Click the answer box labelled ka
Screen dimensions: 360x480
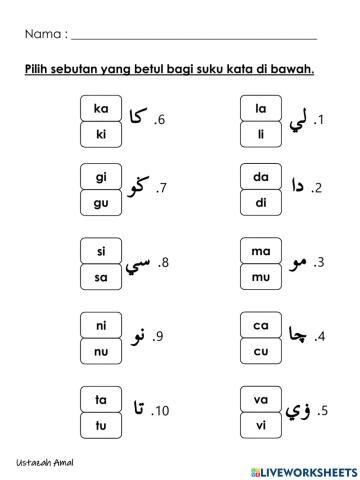pyautogui.click(x=101, y=109)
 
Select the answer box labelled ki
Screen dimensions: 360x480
pyautogui.click(x=101, y=133)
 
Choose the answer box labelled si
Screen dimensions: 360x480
pyautogui.click(x=101, y=251)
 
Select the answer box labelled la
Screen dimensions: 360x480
pyautogui.click(x=262, y=109)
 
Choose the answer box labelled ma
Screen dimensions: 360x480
pyautogui.click(x=262, y=251)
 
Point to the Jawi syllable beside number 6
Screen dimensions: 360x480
pyautogui.click(x=138, y=119)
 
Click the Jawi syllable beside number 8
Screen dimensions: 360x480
pyautogui.click(x=138, y=264)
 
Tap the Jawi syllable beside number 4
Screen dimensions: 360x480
pyautogui.click(x=298, y=336)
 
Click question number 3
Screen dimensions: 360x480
pyautogui.click(x=320, y=264)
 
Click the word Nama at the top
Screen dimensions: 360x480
pyautogui.click(x=41, y=35)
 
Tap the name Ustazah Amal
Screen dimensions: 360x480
pyautogui.click(x=45, y=463)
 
